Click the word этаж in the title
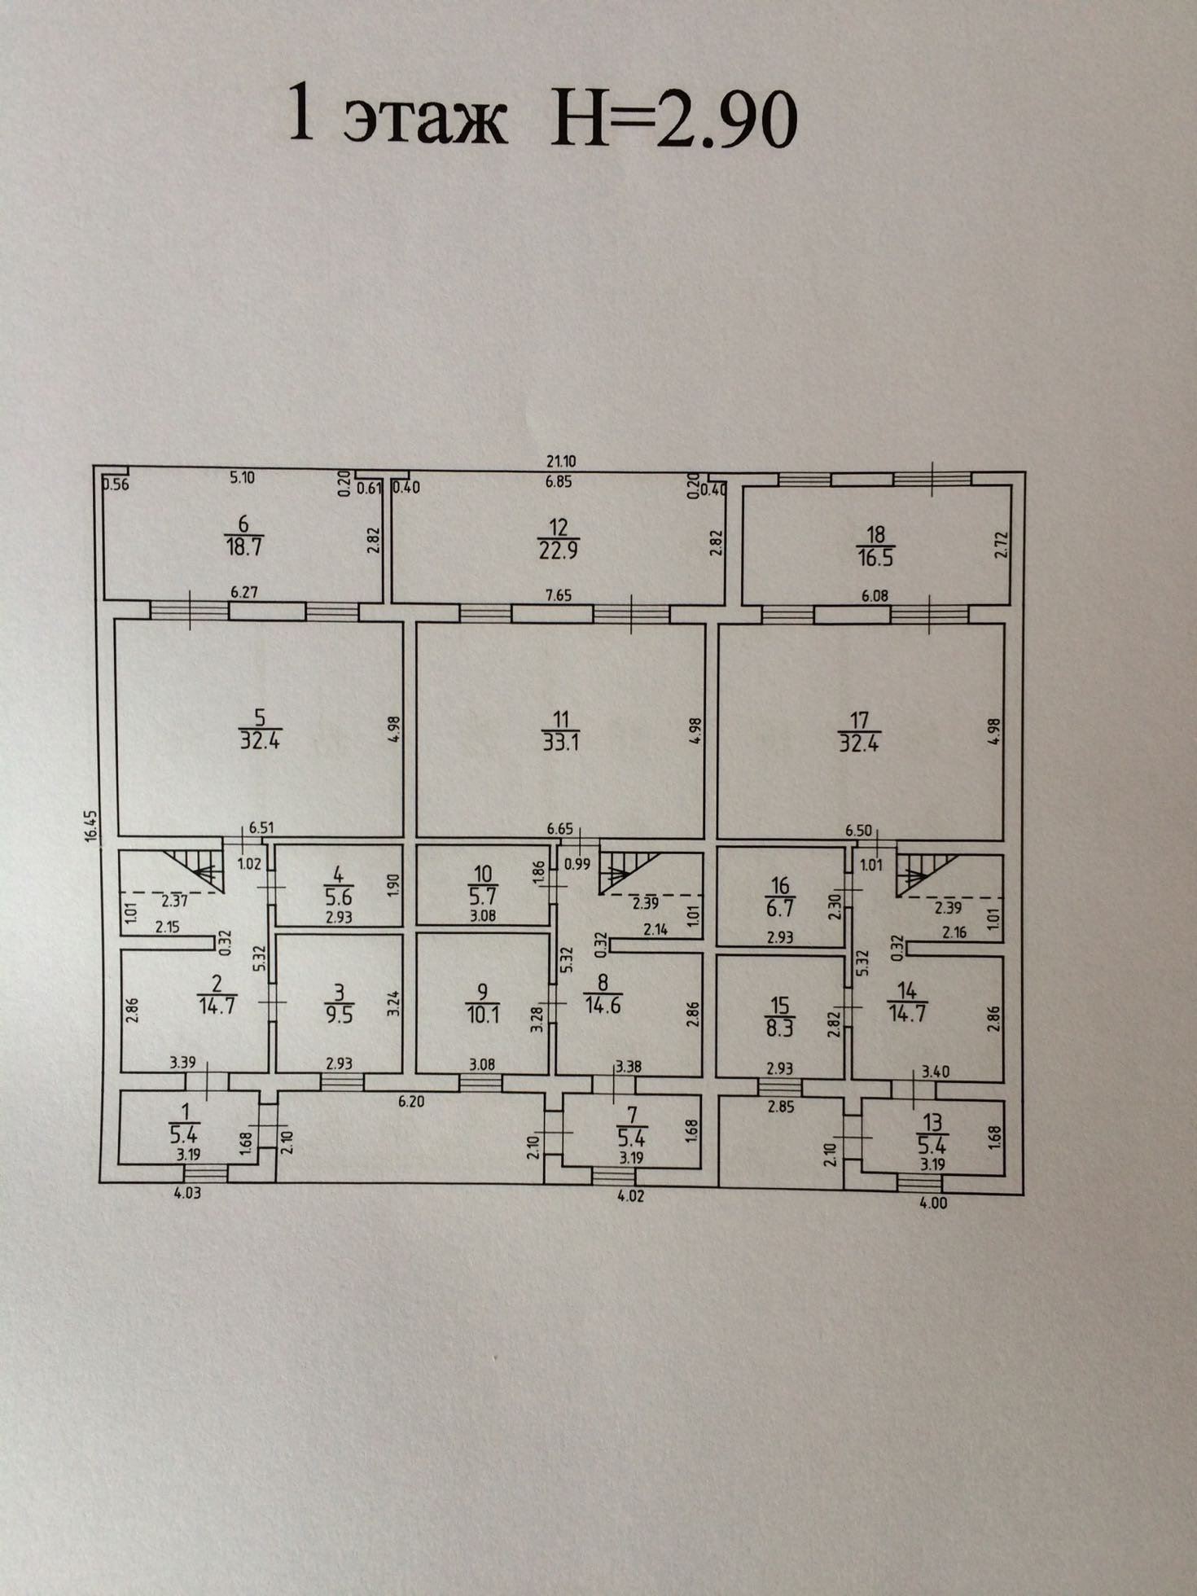424,121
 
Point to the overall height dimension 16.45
91,824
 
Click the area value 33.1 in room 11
561,742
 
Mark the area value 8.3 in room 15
780,1027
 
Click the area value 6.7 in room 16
780,906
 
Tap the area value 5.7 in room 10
483,896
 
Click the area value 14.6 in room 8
603,1004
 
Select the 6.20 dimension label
411,1103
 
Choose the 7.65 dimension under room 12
559,595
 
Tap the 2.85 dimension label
779,1107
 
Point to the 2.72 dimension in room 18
1001,545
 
